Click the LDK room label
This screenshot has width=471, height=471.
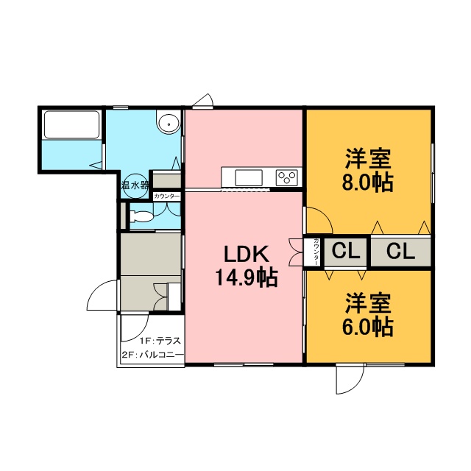(246, 254)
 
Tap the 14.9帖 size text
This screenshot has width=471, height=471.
(246, 277)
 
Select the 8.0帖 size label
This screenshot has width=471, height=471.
(368, 182)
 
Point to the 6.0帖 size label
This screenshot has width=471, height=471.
(368, 326)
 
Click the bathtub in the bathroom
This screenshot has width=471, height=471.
(71, 124)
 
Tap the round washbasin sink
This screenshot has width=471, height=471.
(169, 123)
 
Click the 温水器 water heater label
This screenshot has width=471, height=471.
(135, 185)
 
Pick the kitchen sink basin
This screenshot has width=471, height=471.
(249, 178)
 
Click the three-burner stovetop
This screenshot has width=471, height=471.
(287, 177)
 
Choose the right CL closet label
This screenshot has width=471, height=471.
(400, 251)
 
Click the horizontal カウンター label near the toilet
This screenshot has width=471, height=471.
(167, 196)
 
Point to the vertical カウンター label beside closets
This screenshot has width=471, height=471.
(316, 252)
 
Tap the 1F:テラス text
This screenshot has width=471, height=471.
(160, 341)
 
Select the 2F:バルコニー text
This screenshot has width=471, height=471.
(152, 355)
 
